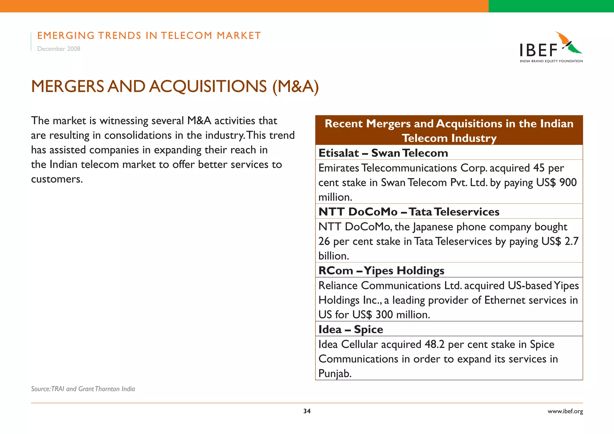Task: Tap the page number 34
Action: (x=307, y=411)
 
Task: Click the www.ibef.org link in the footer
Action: (x=565, y=411)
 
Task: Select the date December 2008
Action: (x=59, y=49)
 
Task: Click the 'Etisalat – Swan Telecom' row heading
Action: (x=383, y=153)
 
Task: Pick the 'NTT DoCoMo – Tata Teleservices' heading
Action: (x=409, y=212)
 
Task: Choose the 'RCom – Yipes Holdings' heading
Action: (x=381, y=271)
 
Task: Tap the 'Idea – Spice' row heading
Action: (x=350, y=329)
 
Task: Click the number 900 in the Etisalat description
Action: (x=568, y=183)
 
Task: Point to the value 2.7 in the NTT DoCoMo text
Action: (x=571, y=241)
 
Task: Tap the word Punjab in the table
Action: (x=334, y=373)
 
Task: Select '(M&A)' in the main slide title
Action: (x=295, y=87)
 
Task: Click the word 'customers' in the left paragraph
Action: (x=56, y=179)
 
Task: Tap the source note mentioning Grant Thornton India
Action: (x=83, y=389)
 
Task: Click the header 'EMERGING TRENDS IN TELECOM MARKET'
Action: (x=149, y=36)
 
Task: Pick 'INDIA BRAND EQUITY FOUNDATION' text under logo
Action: (x=551, y=61)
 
